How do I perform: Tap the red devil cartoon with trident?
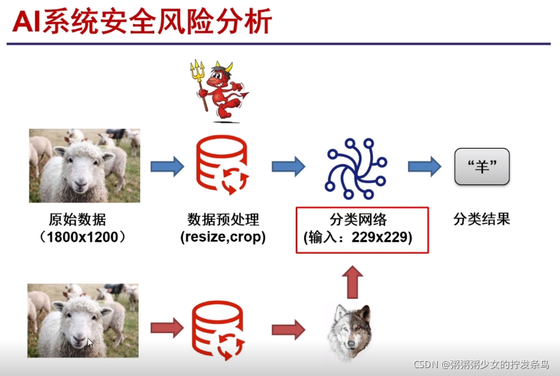[x=223, y=91]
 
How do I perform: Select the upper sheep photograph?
[x=84, y=165]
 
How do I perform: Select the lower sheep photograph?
[x=83, y=320]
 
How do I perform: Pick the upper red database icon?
[x=221, y=167]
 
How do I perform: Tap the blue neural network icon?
[x=356, y=167]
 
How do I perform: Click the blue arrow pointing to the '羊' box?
[x=424, y=166]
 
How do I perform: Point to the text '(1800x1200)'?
[x=83, y=237]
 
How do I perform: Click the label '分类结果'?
[x=481, y=219]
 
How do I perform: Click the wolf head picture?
[x=350, y=331]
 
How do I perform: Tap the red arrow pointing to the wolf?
[x=288, y=330]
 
